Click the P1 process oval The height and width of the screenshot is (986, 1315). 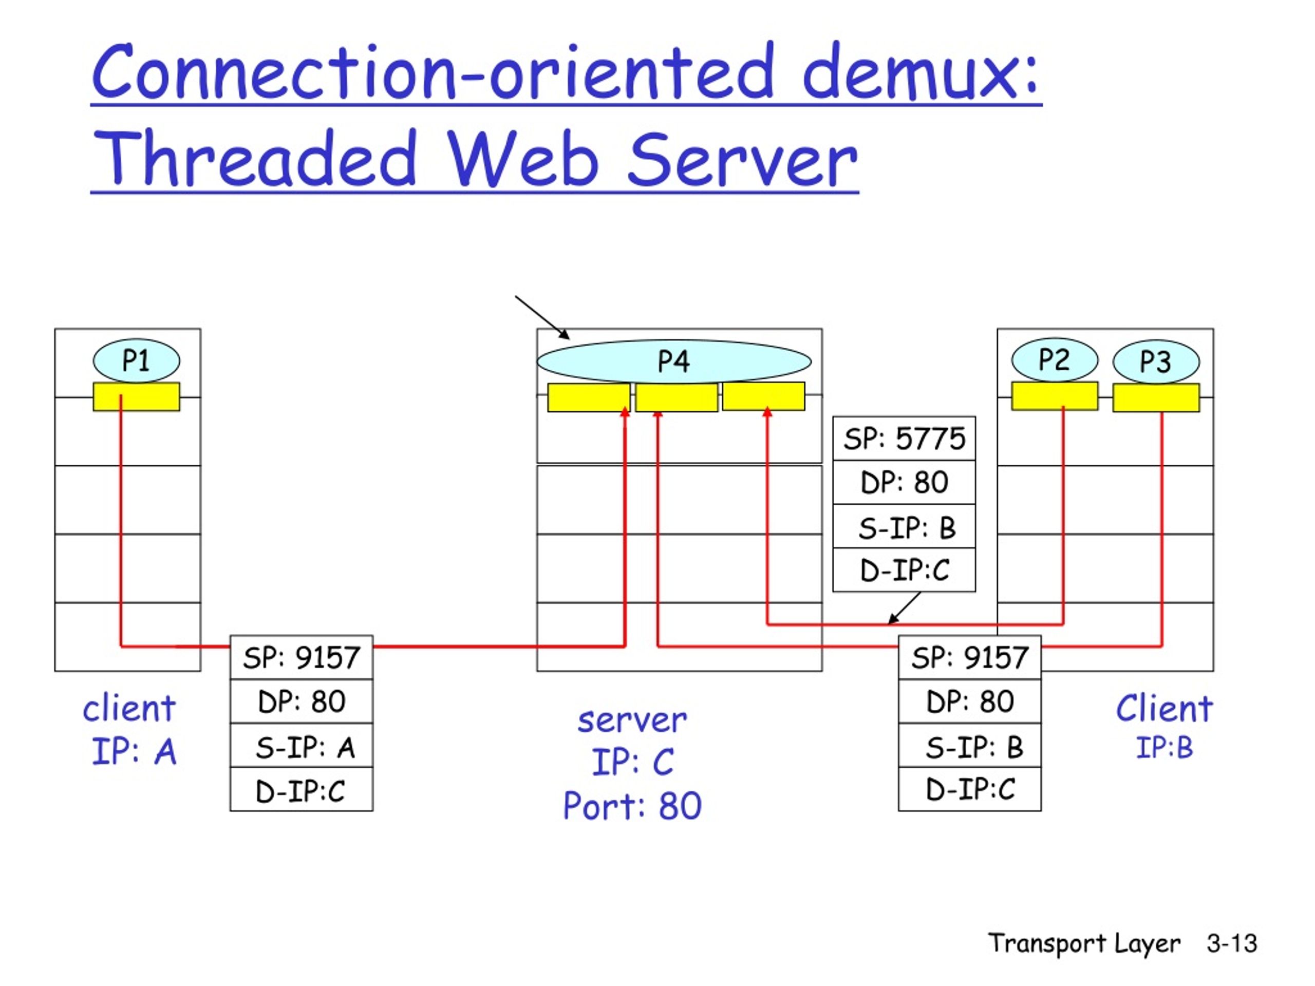pyautogui.click(x=136, y=360)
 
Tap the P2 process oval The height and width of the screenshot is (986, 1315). pyautogui.click(x=1055, y=359)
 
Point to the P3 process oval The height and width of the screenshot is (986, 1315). pyautogui.click(x=1156, y=362)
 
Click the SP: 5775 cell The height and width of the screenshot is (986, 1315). pyautogui.click(x=904, y=439)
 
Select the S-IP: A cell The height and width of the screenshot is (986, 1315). pyautogui.click(x=302, y=746)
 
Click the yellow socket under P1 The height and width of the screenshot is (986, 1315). pyautogui.click(x=136, y=396)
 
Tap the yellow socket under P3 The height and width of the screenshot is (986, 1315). pyautogui.click(x=1156, y=397)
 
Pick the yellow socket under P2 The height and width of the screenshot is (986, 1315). pyautogui.click(x=1055, y=396)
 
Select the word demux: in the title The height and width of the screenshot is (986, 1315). pyautogui.click(x=921, y=71)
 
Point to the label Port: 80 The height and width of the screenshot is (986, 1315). pyautogui.click(x=632, y=806)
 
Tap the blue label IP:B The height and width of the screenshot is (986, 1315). pyautogui.click(x=1164, y=747)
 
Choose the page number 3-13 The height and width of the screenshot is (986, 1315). pyautogui.click(x=1232, y=943)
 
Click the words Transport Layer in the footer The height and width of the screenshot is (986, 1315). pyautogui.click(x=1084, y=944)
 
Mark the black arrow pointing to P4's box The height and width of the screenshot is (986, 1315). pyautogui.click(x=542, y=317)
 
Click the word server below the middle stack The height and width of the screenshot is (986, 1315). pyautogui.click(x=632, y=720)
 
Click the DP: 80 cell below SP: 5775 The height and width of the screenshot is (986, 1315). pyautogui.click(x=904, y=482)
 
